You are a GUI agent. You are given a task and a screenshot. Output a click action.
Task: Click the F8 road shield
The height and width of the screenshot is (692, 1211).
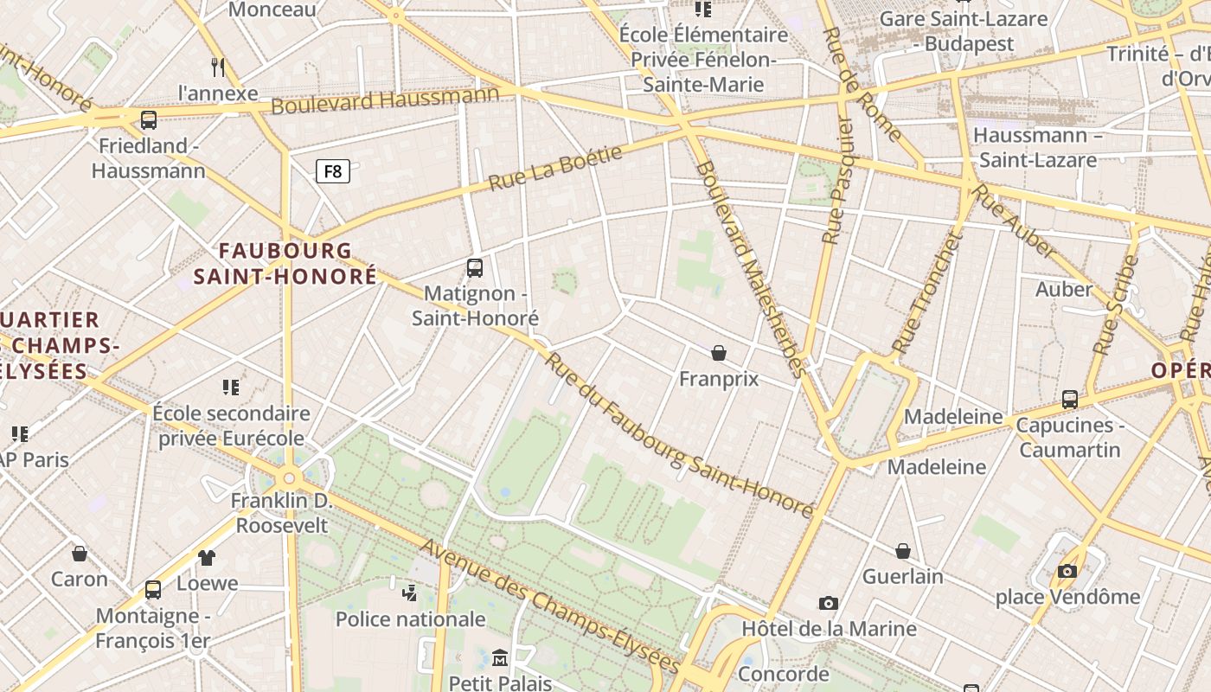[333, 171]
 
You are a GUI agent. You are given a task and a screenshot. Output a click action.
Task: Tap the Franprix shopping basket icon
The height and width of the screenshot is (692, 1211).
[719, 353]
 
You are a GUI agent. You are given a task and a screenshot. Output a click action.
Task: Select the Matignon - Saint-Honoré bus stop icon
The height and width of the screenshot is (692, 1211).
[475, 268]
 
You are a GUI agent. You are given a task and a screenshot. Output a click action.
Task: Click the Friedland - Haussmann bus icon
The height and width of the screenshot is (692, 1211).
[149, 120]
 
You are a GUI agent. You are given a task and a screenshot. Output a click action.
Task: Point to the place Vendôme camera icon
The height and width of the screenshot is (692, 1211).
[1067, 571]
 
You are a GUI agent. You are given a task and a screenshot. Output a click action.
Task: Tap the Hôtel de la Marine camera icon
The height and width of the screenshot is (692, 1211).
[829, 603]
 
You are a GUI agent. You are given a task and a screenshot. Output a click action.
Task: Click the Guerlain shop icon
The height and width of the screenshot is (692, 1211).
[903, 551]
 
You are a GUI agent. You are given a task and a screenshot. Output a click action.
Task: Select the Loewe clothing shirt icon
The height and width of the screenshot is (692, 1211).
[207, 558]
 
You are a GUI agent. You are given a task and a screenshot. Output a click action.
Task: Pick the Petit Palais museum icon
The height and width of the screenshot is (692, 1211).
[500, 658]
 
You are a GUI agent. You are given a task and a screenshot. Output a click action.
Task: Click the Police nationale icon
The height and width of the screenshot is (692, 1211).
[410, 593]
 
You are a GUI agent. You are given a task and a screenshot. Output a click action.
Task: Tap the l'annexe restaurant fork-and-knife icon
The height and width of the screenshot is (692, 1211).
[218, 67]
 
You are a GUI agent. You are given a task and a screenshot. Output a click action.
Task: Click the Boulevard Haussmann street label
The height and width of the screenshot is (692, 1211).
[385, 99]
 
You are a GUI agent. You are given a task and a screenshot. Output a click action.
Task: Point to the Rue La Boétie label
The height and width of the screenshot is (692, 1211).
[555, 168]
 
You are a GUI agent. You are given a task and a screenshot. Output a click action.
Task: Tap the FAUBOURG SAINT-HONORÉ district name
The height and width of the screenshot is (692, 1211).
[285, 263]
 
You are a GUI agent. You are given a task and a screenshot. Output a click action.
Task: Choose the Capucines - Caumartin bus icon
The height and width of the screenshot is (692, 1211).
[1070, 400]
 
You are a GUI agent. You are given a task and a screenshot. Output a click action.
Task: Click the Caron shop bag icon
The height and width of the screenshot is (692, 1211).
[80, 554]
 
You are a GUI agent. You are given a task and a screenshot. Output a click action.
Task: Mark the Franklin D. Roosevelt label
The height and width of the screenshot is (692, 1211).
[282, 512]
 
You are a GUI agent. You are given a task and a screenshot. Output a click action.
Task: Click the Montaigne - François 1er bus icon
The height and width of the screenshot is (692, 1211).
[153, 590]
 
